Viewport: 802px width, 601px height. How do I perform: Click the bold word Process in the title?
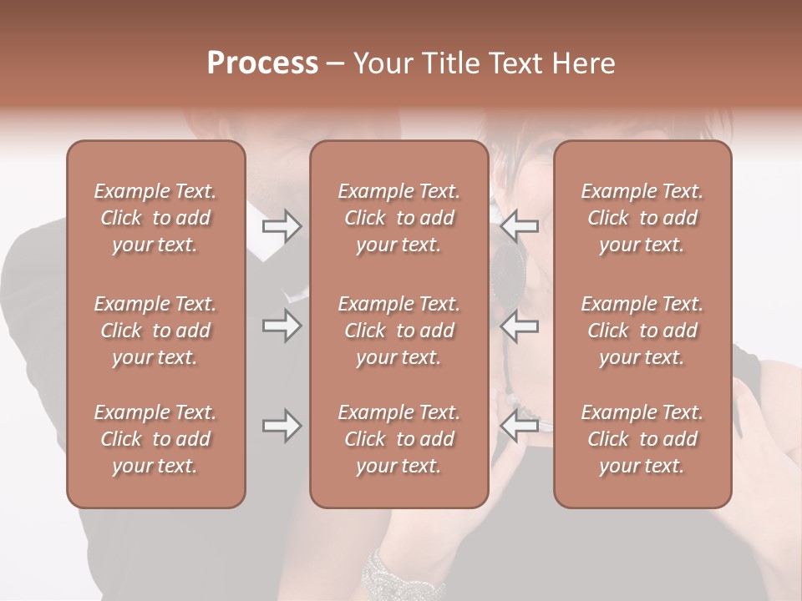click(x=262, y=63)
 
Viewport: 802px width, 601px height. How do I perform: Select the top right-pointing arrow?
click(x=282, y=226)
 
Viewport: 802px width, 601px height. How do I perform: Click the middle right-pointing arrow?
click(x=282, y=326)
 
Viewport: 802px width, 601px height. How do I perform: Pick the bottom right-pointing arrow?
click(x=282, y=426)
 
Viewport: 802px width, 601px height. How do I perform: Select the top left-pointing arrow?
click(x=520, y=225)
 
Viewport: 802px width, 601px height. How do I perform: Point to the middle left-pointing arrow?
click(x=520, y=326)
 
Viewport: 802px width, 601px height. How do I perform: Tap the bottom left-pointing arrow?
click(x=520, y=426)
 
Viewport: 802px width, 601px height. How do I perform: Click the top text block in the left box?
click(x=155, y=218)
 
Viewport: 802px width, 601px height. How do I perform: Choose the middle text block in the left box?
click(x=155, y=331)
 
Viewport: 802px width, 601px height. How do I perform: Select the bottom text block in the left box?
click(x=155, y=439)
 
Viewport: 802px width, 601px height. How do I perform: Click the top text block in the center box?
click(x=399, y=218)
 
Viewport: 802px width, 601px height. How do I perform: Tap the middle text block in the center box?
click(x=399, y=331)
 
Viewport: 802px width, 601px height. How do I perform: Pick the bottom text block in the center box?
click(x=399, y=439)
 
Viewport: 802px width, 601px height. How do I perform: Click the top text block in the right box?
click(x=642, y=218)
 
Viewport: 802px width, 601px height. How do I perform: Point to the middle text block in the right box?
click(x=642, y=331)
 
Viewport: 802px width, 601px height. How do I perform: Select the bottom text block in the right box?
click(x=642, y=439)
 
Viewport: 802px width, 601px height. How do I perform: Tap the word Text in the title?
click(x=516, y=63)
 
